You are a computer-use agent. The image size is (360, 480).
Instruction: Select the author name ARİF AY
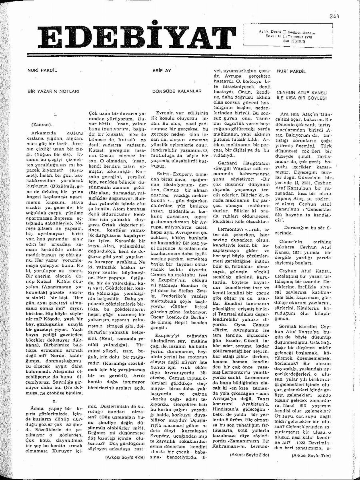tap(162, 71)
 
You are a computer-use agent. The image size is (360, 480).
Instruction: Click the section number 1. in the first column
tap(56, 114)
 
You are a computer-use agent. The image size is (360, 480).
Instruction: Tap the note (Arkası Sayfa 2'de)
tap(250, 455)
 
